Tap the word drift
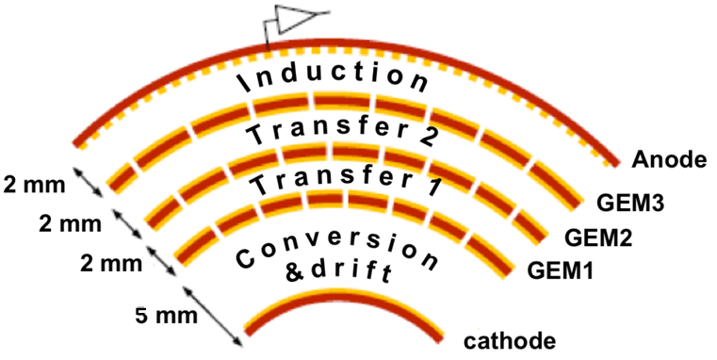359,272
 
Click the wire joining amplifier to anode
268,36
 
